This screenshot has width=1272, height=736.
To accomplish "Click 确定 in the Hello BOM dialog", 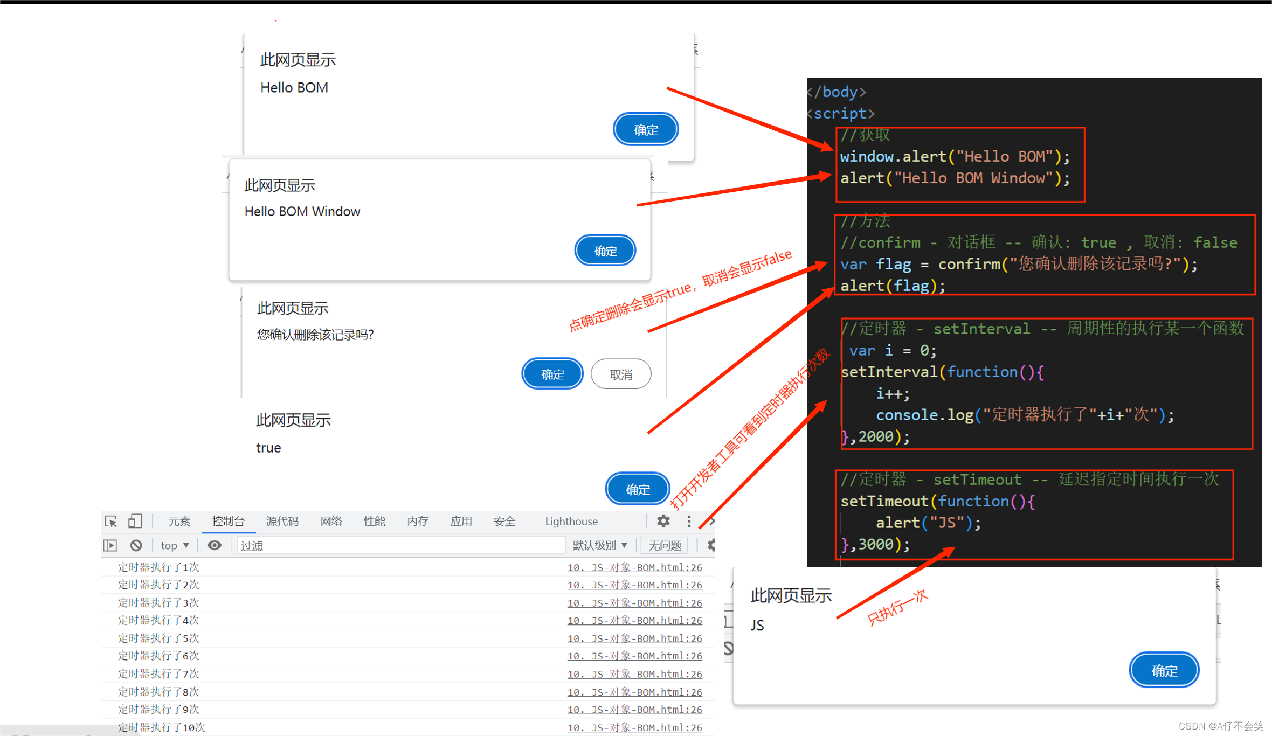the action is [645, 129].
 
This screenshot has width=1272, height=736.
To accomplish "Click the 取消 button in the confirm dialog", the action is [620, 374].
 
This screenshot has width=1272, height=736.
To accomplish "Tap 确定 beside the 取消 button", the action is [552, 374].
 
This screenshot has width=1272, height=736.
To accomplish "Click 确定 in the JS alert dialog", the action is [1164, 670].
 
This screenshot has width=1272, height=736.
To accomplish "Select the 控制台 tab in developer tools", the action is [228, 521].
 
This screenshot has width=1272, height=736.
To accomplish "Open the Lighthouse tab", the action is [571, 521].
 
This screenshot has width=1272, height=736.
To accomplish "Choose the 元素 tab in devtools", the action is [179, 521].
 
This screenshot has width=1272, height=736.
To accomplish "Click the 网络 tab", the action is [331, 521].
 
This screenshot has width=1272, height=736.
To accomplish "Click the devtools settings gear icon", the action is [663, 521].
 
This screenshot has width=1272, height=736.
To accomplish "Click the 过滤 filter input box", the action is [399, 545].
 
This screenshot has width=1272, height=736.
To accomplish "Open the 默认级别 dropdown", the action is [599, 545].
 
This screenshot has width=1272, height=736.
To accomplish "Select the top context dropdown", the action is [175, 545].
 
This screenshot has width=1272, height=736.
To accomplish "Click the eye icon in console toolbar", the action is [215, 545].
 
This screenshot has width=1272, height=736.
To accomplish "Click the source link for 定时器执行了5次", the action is [634, 638].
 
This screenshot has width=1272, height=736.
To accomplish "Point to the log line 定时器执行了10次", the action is [162, 727].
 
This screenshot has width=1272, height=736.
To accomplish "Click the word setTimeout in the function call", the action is [884, 501].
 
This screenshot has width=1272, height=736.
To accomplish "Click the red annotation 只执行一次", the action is [897, 607].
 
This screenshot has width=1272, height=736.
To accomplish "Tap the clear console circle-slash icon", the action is [136, 545].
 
